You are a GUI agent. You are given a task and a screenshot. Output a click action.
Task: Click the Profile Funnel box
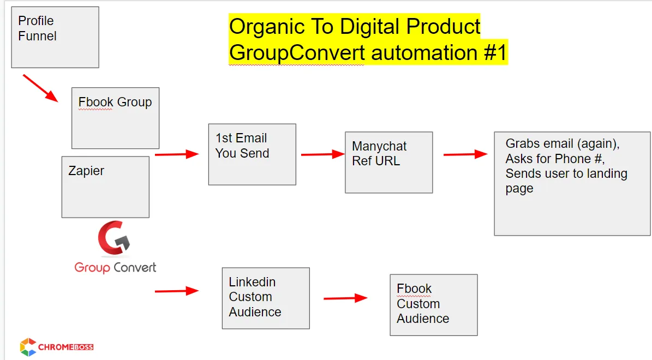pyautogui.click(x=55, y=37)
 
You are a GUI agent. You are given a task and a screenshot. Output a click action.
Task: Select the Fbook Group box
pyautogui.click(x=115, y=118)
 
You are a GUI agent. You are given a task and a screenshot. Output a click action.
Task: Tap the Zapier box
pyautogui.click(x=105, y=187)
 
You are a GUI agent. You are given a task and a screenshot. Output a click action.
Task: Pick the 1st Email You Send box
pyautogui.click(x=252, y=154)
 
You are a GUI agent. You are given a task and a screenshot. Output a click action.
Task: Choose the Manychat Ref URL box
pyautogui.click(x=389, y=163)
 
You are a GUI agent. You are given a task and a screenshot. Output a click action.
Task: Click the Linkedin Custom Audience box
pyautogui.click(x=266, y=298)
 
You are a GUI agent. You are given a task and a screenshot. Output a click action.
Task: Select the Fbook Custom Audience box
pyautogui.click(x=434, y=305)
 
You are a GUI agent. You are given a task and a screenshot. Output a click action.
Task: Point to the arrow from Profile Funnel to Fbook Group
pyautogui.click(x=40, y=88)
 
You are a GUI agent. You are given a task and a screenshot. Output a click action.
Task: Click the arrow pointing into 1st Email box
pyautogui.click(x=177, y=154)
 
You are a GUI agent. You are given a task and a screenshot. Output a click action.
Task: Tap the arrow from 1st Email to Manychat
pyautogui.click(x=323, y=154)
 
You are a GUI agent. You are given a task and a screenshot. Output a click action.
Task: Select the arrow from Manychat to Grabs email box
pyautogui.click(x=465, y=154)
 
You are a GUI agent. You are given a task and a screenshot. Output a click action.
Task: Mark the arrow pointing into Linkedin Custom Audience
pyautogui.click(x=177, y=291)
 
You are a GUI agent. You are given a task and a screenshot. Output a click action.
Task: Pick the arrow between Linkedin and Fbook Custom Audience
pyautogui.click(x=345, y=298)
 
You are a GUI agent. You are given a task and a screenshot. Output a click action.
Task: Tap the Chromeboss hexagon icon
pyautogui.click(x=28, y=347)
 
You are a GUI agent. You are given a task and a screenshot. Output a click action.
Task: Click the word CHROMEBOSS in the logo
pyautogui.click(x=65, y=347)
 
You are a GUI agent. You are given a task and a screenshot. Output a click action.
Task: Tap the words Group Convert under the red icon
pyautogui.click(x=115, y=268)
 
